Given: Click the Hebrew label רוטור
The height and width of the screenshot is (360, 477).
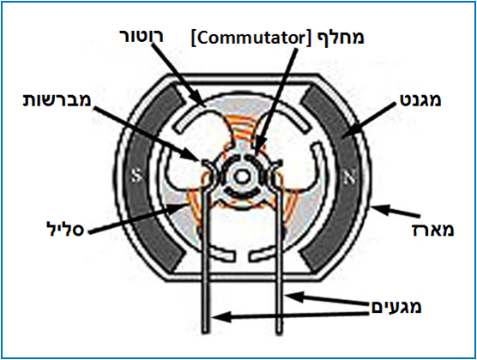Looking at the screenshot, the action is pos(142,37).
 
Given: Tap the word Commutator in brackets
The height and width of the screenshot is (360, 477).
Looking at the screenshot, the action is pos(249,39).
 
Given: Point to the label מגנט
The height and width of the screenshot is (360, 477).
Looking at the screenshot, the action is pos(419,99).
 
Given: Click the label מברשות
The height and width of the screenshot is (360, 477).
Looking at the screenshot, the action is pos(57,100).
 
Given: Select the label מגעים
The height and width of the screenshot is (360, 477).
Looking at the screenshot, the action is pos(396,307).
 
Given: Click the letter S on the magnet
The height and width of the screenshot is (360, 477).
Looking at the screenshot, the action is pos(136,177).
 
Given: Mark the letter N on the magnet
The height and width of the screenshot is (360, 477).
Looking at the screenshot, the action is pos(349,178).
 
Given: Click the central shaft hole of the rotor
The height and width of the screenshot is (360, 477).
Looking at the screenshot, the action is pos(242,176).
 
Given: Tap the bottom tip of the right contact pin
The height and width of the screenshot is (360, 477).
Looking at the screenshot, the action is pos(279,333).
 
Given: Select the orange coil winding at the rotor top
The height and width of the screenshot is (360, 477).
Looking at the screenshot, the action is pos(242,129).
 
